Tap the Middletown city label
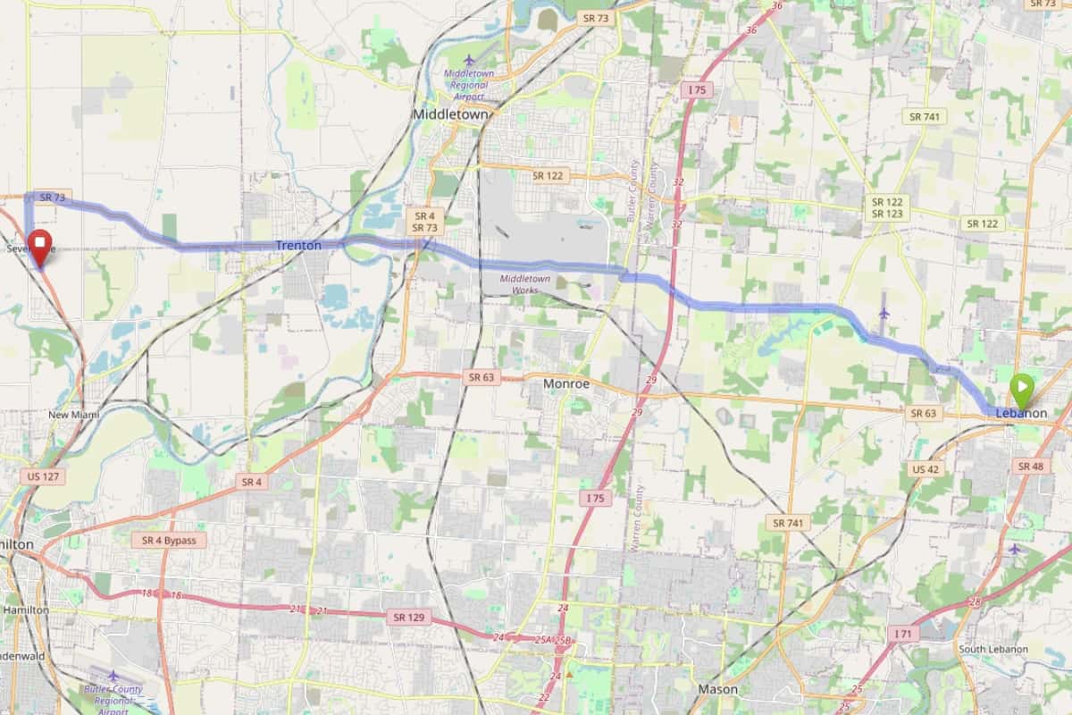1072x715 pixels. pos(450,115)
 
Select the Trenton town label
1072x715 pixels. pos(297,246)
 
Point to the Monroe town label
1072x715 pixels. pos(566,383)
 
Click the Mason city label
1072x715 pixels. pos(717,690)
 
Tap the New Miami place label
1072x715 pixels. pos(74,416)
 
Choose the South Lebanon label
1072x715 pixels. pos(992,649)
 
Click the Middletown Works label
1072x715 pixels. pos(526,283)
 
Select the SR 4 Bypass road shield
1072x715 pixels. pos(168,541)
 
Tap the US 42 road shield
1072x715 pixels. pos(925,469)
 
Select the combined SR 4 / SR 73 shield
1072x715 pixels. pos(424,223)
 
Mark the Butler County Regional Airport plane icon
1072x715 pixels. pos(113,676)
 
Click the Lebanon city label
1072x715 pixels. pos(1021,414)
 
